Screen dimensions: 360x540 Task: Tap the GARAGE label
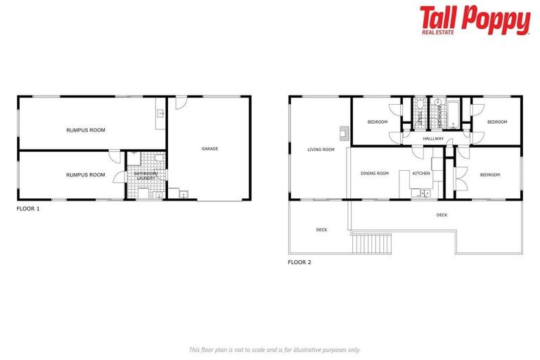[x=210, y=149]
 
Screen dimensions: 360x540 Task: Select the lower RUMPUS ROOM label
[x=86, y=174]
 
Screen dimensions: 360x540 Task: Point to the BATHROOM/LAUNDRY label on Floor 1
[x=146, y=176]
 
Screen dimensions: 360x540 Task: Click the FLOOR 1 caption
[x=28, y=209]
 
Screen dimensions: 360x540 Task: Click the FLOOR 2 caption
[x=299, y=262]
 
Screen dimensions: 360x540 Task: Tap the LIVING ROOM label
[x=320, y=150]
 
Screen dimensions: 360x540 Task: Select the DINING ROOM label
[x=374, y=173]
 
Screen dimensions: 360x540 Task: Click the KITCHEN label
[x=420, y=173]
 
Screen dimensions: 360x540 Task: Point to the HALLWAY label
[x=433, y=139]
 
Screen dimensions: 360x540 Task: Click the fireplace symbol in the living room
[x=344, y=132]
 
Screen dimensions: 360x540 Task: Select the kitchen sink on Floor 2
[x=424, y=192]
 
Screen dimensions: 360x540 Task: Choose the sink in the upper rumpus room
[x=160, y=112]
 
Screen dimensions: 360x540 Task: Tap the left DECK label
[x=321, y=230]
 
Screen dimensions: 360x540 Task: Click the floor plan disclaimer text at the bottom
[x=274, y=349]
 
